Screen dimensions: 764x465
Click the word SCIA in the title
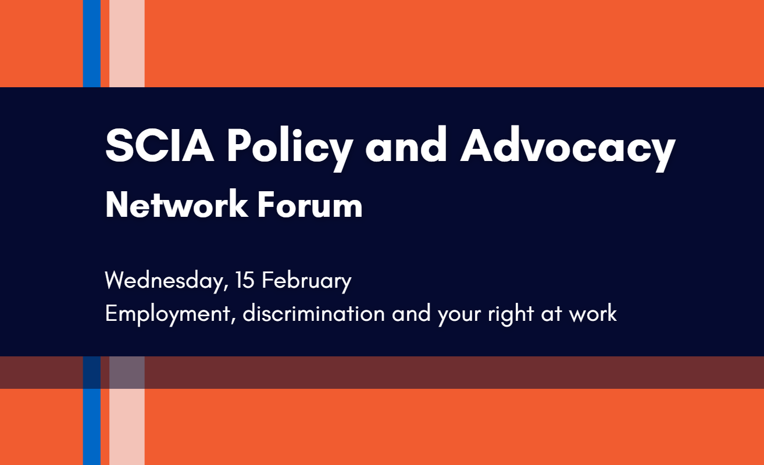(x=160, y=145)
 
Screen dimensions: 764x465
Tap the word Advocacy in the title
(x=567, y=149)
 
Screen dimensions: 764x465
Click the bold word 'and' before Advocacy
(x=406, y=145)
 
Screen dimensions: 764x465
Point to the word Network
(x=177, y=204)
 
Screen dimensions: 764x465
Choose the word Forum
(x=310, y=205)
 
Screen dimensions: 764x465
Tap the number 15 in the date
(x=245, y=280)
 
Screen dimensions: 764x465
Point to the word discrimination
(x=314, y=313)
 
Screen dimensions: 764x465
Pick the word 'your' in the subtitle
(x=459, y=316)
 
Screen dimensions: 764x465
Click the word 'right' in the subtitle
(x=510, y=314)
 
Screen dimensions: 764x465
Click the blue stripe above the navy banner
(x=92, y=44)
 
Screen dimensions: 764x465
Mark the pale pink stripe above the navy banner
(x=127, y=44)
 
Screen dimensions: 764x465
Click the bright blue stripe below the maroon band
(x=92, y=427)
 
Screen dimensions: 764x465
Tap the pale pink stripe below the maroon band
(x=127, y=427)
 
